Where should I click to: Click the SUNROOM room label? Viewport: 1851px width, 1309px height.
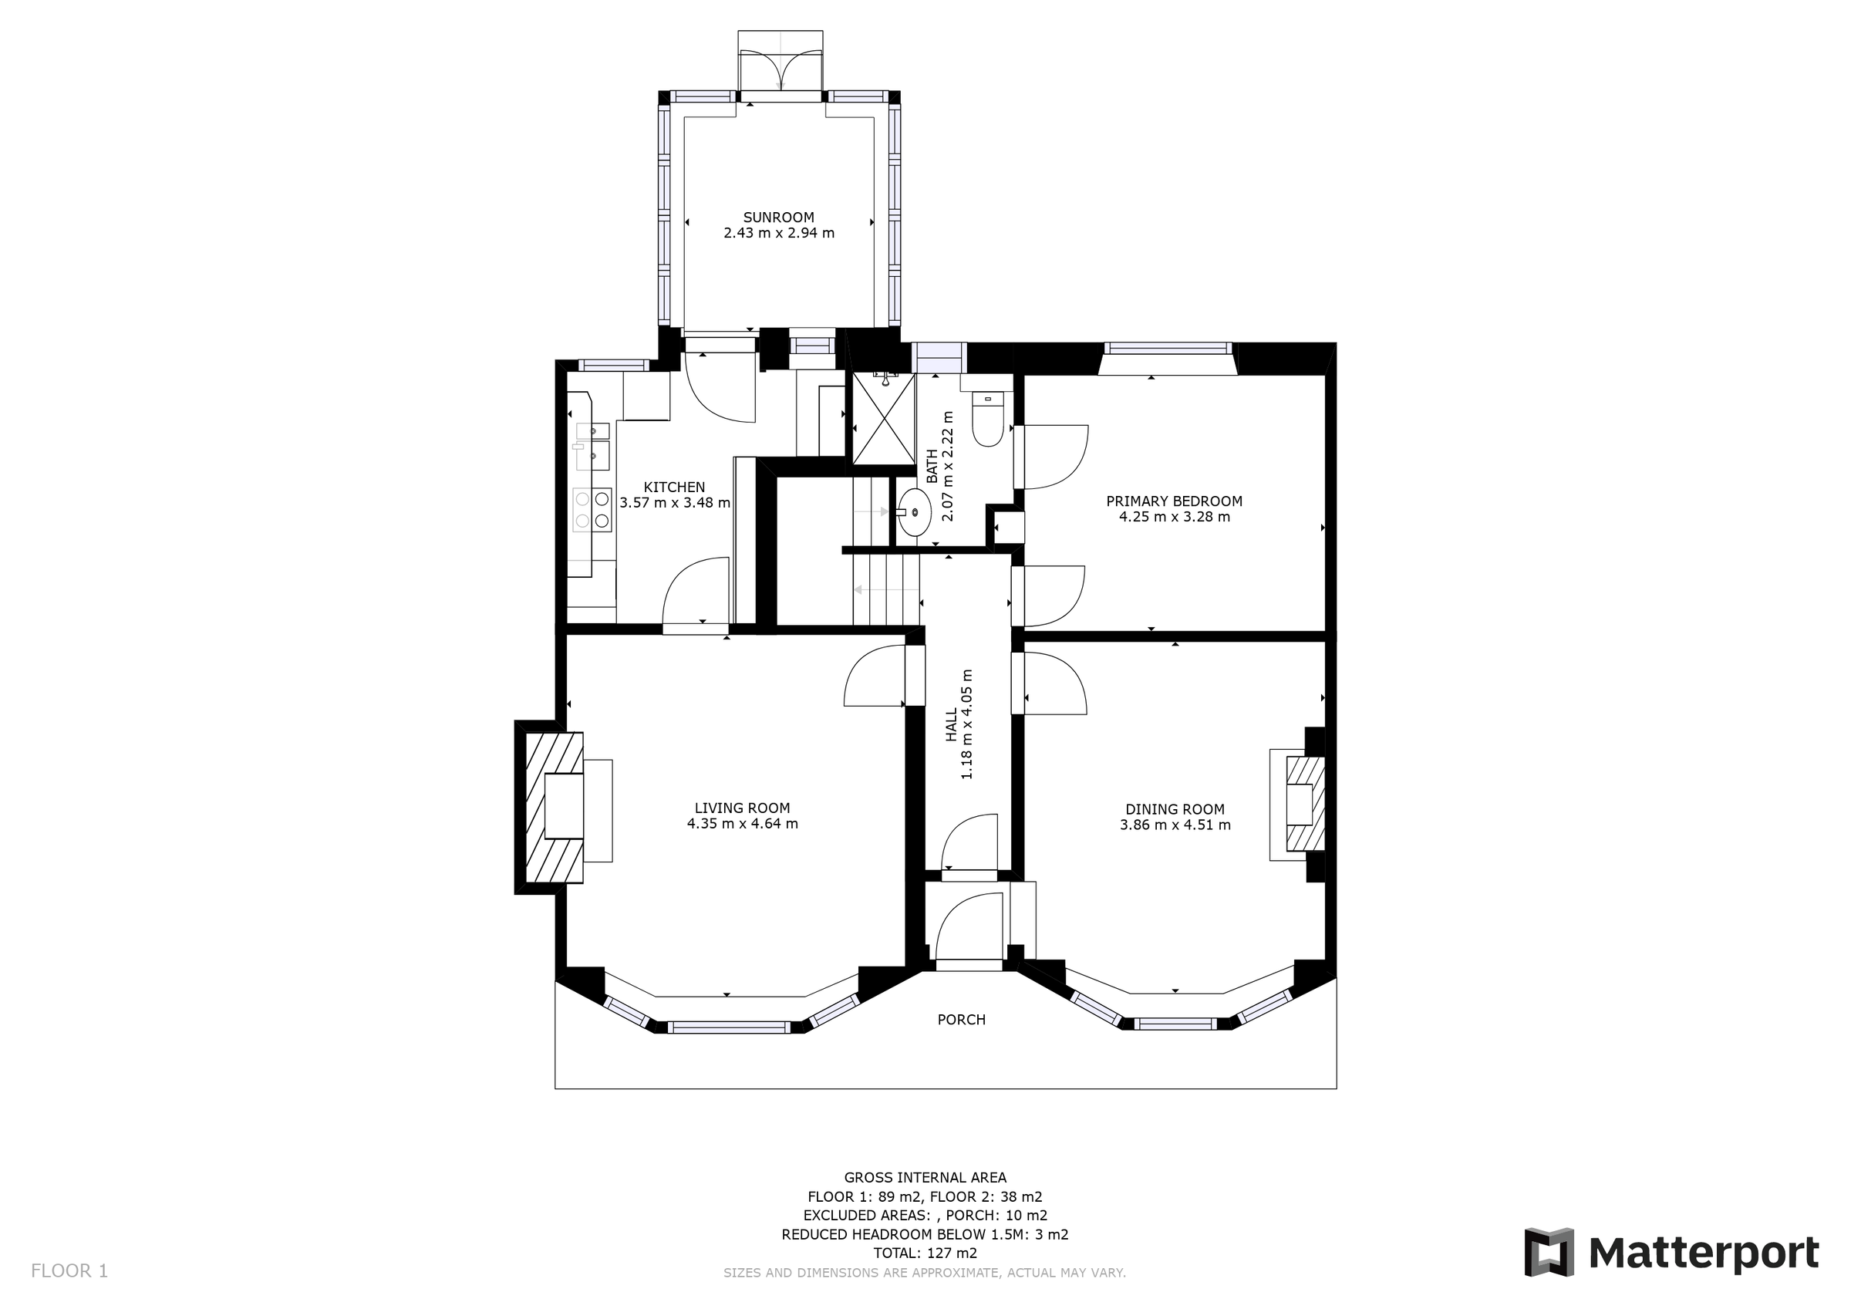coord(778,217)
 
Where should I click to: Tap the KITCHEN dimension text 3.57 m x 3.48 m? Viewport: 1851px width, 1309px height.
coord(675,502)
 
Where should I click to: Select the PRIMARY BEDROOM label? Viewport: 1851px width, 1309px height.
coord(1174,501)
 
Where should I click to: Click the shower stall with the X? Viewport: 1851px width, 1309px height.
coord(885,419)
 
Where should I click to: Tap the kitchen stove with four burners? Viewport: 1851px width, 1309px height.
coord(592,510)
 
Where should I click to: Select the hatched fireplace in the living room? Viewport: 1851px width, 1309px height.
coord(555,808)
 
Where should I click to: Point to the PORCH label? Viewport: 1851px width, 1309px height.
coord(961,1020)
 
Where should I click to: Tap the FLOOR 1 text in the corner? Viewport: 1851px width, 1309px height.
coord(69,1271)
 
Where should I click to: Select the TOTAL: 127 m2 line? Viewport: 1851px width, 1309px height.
coord(925,1253)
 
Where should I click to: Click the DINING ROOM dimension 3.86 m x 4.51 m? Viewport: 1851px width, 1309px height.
coord(1175,825)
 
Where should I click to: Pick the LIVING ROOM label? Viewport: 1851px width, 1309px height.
coord(742,808)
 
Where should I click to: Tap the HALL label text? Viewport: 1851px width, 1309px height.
coord(951,724)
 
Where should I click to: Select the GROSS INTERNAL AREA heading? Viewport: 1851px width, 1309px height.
coord(925,1178)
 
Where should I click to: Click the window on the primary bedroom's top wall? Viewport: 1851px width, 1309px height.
coord(1168,349)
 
